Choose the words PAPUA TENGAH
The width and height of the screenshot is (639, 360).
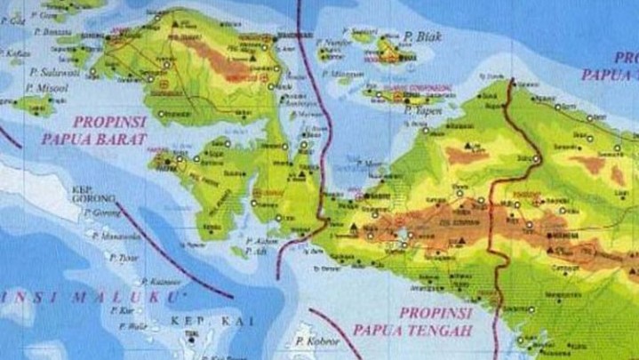tap(412, 331)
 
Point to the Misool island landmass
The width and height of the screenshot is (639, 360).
tap(34, 106)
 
